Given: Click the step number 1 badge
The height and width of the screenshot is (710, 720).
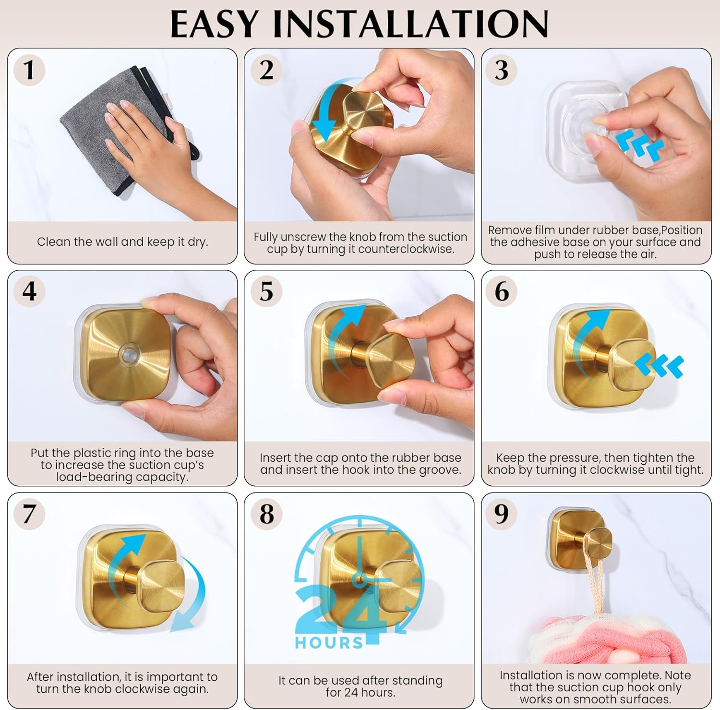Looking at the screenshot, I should [29, 70].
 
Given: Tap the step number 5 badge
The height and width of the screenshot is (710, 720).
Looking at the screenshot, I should [266, 291].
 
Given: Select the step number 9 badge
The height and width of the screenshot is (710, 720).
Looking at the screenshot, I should [502, 514].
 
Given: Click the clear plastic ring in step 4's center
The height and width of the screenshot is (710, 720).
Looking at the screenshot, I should [128, 355].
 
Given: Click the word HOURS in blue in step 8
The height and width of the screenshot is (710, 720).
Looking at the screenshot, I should [329, 643].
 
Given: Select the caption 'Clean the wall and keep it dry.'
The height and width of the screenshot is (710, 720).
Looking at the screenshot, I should [122, 241].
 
